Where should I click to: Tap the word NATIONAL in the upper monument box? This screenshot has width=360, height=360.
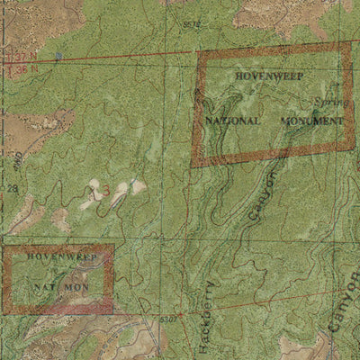click(233, 120)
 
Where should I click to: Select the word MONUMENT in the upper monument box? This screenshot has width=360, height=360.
click(311, 120)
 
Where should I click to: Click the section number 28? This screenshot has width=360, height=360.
click(13, 188)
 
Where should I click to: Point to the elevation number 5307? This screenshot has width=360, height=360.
click(167, 319)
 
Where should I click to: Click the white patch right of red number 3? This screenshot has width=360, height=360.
click(137, 186)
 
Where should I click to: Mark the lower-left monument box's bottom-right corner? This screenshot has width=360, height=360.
click(113, 310)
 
